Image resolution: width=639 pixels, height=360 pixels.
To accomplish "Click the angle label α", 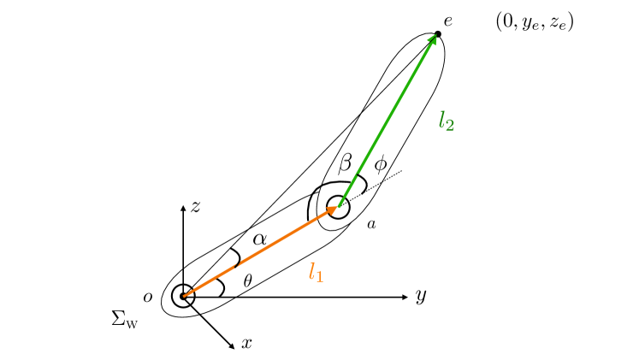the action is [x=260, y=240].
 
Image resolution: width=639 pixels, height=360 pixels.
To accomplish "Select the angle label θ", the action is [x=248, y=280].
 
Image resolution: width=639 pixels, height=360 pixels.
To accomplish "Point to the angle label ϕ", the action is [x=381, y=164].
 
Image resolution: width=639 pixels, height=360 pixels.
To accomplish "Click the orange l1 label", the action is [x=317, y=274].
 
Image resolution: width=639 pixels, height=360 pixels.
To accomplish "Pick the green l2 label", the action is [x=446, y=121].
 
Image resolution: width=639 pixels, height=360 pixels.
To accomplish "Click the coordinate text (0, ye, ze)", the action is [x=535, y=22].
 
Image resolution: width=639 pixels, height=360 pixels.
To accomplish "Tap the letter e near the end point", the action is [x=448, y=20].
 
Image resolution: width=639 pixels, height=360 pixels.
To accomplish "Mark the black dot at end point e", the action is [x=438, y=34].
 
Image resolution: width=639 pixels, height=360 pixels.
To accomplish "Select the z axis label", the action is [x=196, y=206].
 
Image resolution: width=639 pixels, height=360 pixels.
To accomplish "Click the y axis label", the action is [x=420, y=297].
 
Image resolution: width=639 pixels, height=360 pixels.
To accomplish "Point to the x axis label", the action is [x=246, y=344].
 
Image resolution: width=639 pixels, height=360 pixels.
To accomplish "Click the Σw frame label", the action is [x=125, y=320].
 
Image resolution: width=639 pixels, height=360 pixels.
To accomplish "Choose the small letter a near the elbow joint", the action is [x=371, y=224].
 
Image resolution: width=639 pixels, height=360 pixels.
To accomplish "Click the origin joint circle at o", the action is [x=183, y=297].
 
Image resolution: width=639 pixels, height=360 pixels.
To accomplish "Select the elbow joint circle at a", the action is [x=339, y=206].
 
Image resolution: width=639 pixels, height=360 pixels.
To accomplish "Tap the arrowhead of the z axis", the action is [x=183, y=208].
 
